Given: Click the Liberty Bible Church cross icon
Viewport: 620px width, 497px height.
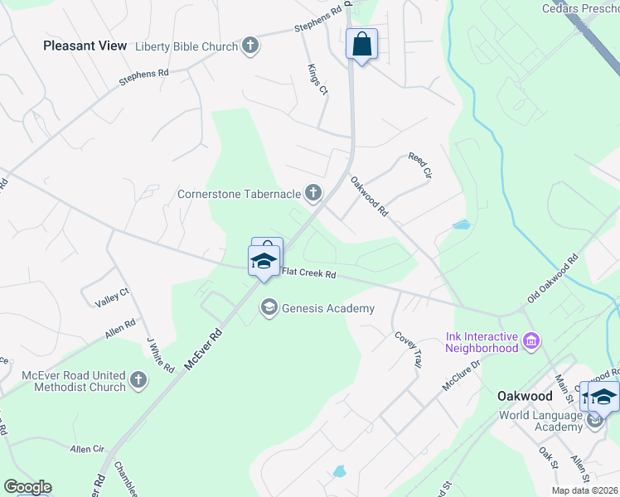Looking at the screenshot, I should (250, 46).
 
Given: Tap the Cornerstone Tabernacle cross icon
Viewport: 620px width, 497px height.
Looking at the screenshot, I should (312, 194).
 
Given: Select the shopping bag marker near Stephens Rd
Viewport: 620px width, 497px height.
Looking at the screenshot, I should (361, 45).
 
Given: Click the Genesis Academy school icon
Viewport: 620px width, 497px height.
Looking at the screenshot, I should (269, 308).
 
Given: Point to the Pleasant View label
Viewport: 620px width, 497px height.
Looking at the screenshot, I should (85, 46).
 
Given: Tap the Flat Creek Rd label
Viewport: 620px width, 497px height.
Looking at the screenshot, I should (308, 273).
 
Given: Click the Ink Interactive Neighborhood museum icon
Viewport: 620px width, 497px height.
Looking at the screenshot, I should (531, 340).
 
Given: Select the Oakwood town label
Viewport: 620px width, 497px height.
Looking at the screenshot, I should (525, 396).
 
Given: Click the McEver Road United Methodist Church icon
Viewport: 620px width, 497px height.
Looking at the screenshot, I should (138, 380).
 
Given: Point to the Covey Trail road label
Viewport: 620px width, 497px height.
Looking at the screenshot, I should (409, 350).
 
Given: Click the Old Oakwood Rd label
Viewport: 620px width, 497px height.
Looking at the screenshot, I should (553, 283).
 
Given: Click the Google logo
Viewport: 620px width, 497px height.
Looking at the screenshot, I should (27, 487).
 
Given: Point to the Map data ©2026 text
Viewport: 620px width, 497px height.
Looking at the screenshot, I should (585, 490).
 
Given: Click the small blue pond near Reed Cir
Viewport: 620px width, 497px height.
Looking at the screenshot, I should (461, 224).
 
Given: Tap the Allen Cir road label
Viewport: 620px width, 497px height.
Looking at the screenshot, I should (87, 449).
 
